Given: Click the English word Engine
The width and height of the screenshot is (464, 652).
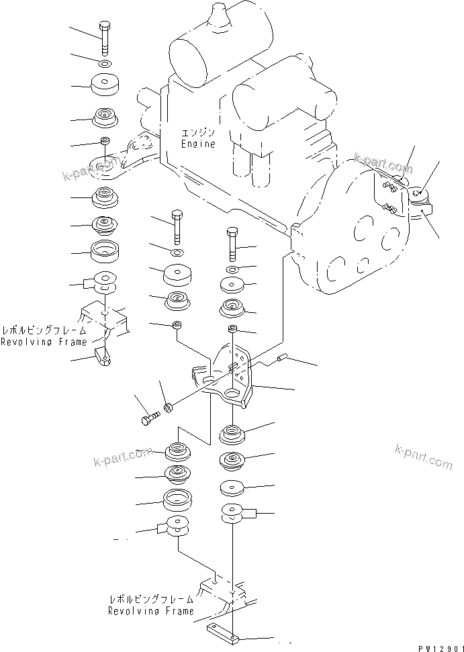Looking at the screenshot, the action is (198, 144).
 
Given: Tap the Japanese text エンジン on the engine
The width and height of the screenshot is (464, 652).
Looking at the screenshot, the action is (197, 134).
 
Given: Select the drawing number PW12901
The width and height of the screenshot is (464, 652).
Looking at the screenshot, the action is (440, 648).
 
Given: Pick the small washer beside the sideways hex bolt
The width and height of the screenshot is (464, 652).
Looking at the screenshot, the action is (168, 407).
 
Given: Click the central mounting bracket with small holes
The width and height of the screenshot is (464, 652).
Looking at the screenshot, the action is (229, 374).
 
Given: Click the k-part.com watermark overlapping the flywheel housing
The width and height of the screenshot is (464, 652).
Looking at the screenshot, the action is (383, 163).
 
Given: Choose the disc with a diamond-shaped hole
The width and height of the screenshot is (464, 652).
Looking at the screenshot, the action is (232, 285).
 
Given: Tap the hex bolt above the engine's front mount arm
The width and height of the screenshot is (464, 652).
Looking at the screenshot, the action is (104, 38).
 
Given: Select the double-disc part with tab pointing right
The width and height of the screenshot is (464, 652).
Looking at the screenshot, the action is (236, 513).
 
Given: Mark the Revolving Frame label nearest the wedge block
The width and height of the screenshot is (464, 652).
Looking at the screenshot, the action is (44, 342).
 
